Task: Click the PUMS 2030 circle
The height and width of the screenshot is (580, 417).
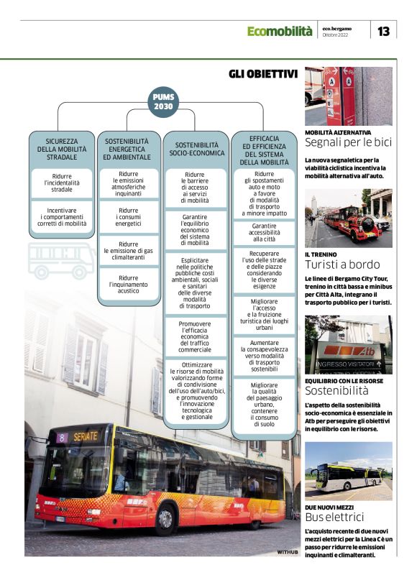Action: (163, 101)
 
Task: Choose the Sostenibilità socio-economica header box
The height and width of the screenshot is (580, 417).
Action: (194, 148)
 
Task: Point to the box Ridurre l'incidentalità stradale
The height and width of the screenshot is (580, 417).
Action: (62, 184)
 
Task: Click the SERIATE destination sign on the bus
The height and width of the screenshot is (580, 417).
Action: (85, 436)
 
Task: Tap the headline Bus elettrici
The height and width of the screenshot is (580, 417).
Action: (334, 517)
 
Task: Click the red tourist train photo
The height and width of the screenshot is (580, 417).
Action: (349, 218)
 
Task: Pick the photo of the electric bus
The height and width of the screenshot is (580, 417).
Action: (349, 471)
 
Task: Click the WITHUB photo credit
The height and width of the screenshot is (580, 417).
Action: (287, 552)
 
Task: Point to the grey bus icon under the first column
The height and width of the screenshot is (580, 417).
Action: (62, 261)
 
